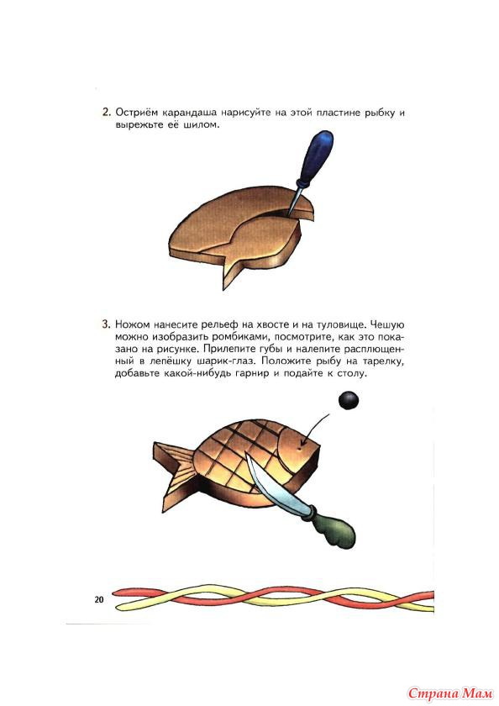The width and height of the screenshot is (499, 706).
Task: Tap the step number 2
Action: point(106,112)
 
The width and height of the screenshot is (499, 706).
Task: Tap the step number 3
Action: point(106,324)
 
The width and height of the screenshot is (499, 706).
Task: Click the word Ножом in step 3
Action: point(131,324)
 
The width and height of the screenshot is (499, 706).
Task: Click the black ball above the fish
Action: point(349,400)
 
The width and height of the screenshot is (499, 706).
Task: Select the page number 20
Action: point(99,599)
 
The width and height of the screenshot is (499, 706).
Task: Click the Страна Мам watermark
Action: point(450,693)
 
